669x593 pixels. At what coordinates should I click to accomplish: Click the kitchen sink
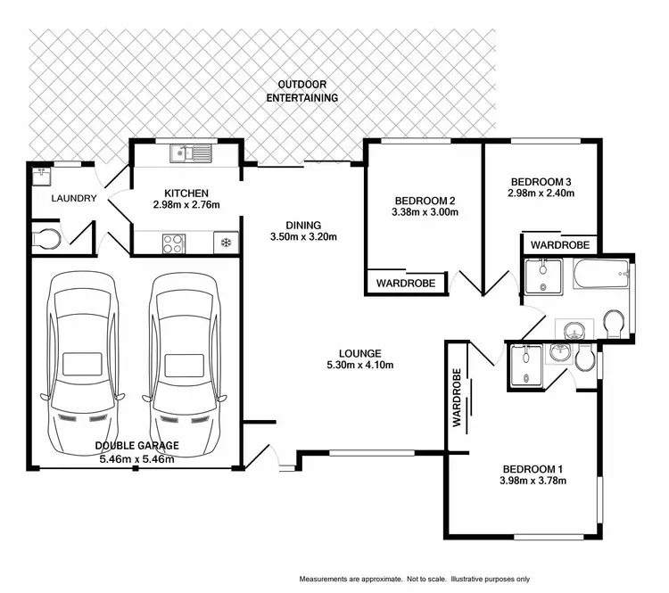(192, 153)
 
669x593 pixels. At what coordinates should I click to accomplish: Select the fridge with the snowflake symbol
(225, 242)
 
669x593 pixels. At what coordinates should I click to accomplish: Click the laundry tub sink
(39, 176)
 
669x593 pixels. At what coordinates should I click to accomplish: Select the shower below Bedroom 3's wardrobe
(541, 276)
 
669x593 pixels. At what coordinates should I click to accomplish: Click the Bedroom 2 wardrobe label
(406, 283)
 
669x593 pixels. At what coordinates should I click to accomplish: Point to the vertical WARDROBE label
(456, 399)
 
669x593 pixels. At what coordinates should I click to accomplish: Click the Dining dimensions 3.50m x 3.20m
(302, 237)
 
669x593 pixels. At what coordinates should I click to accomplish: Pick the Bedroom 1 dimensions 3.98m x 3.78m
(533, 482)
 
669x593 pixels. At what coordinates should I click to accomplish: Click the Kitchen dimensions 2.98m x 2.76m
(186, 205)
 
